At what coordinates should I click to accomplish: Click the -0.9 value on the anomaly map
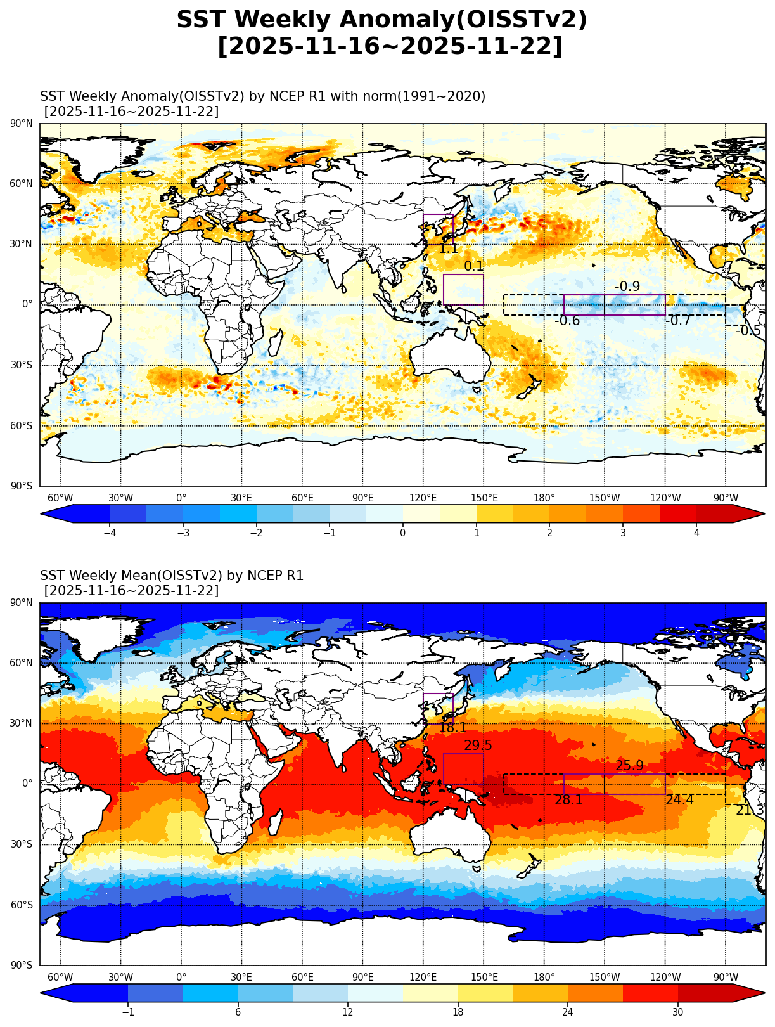[x=627, y=287]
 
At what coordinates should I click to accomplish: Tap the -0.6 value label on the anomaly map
[x=567, y=321]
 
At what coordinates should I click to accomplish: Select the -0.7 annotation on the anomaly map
[x=679, y=321]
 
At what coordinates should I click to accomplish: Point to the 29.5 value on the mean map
[x=478, y=746]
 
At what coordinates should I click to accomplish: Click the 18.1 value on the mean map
[x=452, y=728]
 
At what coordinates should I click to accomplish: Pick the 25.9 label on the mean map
[x=629, y=766]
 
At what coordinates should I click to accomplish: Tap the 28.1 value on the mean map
[x=568, y=801]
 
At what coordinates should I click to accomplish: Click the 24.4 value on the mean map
[x=679, y=801]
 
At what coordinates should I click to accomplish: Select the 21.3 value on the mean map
[x=750, y=811]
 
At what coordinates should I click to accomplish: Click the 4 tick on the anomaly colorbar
[x=696, y=533]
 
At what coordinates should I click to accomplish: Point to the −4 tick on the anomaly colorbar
[x=109, y=533]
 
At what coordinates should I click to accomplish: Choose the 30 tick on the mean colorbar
[x=678, y=1012]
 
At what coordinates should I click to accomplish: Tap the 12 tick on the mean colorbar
[x=348, y=1012]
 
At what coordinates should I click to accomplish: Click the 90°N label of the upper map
[x=22, y=124]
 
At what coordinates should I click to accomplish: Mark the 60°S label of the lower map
[x=22, y=905]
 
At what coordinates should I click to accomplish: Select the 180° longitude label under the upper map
[x=544, y=498]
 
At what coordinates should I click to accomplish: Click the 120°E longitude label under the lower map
[x=423, y=978]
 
